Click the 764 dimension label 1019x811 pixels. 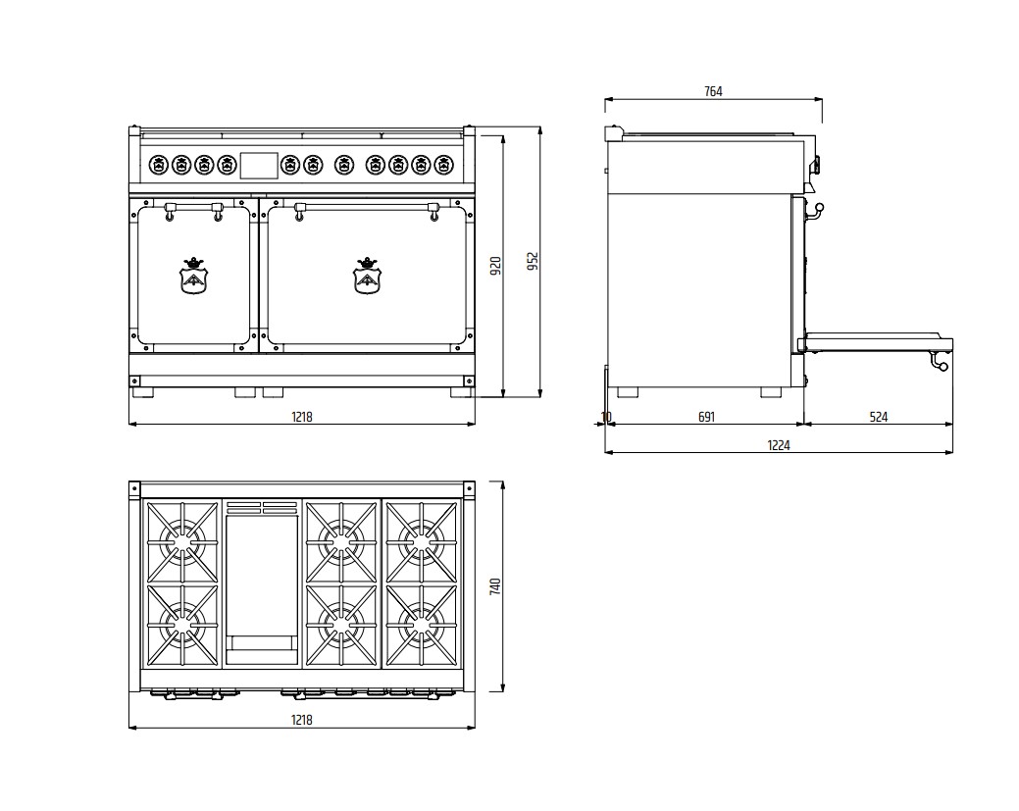(x=713, y=91)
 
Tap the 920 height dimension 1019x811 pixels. (x=496, y=266)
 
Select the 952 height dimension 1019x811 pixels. (x=533, y=261)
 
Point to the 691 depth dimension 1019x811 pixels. (x=706, y=417)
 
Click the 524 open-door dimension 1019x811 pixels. (x=878, y=417)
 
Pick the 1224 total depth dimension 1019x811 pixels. (x=779, y=446)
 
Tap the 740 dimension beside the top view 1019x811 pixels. (x=496, y=586)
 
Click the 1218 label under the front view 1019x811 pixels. (x=301, y=417)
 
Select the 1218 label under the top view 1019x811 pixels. (x=301, y=720)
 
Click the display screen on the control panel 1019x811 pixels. (x=259, y=165)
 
